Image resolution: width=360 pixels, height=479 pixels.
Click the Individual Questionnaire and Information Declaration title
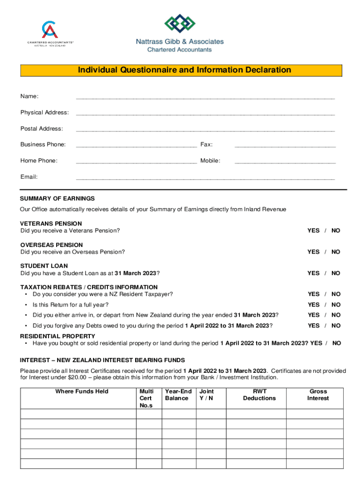[x=184, y=70]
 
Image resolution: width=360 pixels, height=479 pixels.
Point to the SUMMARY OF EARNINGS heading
[x=58, y=198]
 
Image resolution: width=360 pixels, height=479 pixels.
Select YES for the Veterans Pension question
[x=313, y=231]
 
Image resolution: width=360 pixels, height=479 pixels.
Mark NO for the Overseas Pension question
[x=336, y=252]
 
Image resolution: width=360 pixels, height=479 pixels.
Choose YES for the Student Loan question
[x=313, y=273]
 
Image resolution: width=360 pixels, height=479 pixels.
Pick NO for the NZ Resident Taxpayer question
[x=336, y=294]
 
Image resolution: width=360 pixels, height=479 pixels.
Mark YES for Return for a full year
[x=313, y=305]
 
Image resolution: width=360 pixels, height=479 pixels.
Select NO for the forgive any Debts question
[x=336, y=326]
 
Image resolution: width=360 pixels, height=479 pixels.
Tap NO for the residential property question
[x=336, y=343]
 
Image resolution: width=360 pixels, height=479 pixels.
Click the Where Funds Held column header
[x=82, y=392]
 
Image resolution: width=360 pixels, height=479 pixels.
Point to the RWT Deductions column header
[x=259, y=395]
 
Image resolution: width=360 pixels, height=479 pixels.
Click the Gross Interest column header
[x=318, y=395]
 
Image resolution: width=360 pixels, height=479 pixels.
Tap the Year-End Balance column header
[x=177, y=395]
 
